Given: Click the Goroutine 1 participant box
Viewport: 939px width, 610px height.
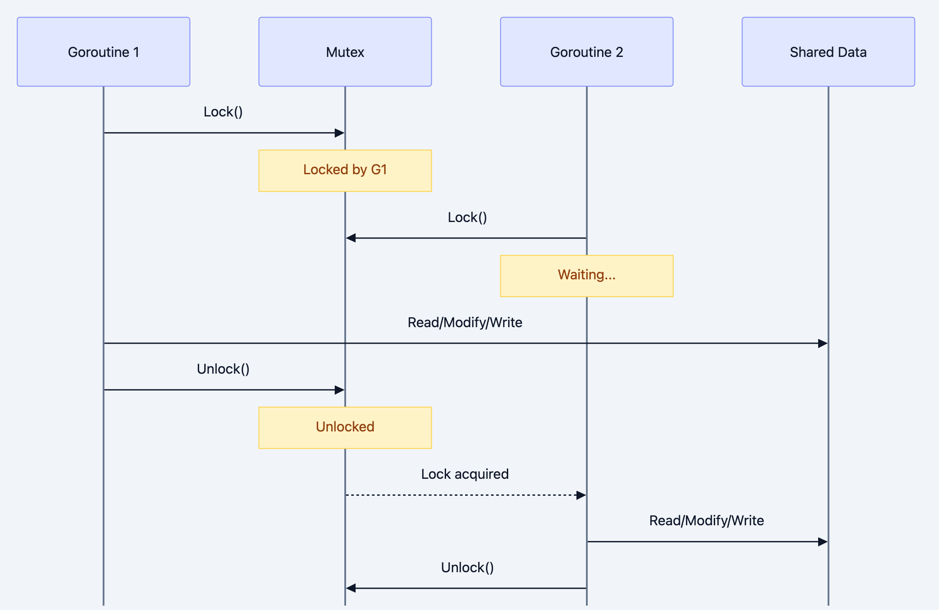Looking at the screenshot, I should pos(103,52).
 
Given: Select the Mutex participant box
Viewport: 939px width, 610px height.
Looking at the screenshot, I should pos(345,52).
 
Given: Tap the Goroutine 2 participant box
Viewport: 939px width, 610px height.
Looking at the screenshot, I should pos(586,52).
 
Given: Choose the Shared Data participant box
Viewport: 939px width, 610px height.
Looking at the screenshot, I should pos(828,52).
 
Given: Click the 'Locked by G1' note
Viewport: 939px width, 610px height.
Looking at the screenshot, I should pos(345,170).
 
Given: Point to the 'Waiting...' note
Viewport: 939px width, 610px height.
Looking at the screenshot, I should pos(586,275).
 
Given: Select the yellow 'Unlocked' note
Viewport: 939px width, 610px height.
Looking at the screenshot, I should pos(345,428).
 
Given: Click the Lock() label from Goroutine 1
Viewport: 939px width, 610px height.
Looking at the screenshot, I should pos(223,112).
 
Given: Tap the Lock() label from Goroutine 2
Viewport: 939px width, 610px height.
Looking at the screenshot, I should pos(467,217).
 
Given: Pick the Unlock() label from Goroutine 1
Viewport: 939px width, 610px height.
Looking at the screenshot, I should pos(223,369).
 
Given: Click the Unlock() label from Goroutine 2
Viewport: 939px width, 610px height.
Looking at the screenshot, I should pos(467,567).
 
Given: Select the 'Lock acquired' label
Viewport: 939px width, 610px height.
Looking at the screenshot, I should pos(465,474).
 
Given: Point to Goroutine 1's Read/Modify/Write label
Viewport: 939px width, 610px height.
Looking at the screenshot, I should pos(465,322).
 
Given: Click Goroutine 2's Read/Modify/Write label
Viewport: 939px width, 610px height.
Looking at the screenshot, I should pos(706,520).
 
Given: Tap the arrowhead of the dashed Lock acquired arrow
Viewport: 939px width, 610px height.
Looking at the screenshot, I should pos(581,495).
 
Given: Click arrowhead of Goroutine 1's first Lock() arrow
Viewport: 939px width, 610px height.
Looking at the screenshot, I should pos(340,133).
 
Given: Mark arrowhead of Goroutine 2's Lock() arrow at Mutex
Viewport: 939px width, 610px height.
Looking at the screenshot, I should pos(351,238).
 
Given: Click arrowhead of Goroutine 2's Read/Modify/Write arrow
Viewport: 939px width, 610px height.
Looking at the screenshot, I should pos(822,542).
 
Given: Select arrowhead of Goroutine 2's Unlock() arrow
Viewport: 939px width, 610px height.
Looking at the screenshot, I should pos(351,588).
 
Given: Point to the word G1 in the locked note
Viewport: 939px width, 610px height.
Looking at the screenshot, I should pos(379,169).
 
